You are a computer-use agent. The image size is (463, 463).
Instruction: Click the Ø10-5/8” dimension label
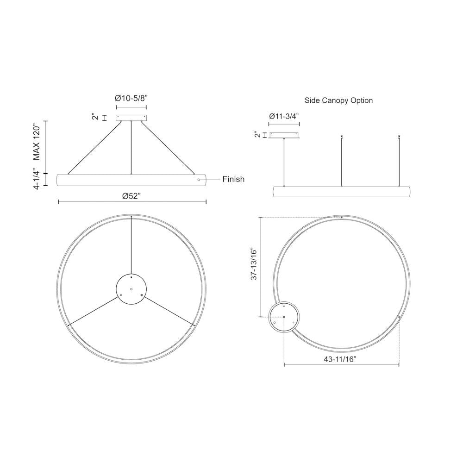pos(131,98)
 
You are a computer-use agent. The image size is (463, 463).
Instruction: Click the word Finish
pos(233,179)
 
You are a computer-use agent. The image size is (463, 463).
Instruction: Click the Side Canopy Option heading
pos(339,100)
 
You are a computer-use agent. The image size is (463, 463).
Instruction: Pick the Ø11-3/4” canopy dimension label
pos(284,116)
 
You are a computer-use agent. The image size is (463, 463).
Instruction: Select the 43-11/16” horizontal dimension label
pos(340,359)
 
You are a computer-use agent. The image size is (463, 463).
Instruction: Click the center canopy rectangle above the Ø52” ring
pos(131,118)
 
